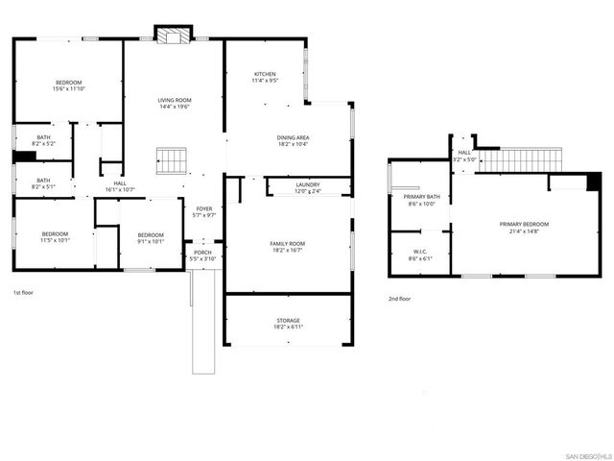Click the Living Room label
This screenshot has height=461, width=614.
tap(176, 100)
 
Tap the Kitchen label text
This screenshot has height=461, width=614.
tap(265, 75)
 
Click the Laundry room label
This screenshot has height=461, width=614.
tap(307, 184)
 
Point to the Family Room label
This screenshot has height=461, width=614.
tap(286, 244)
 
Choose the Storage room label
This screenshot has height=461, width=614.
tap(286, 320)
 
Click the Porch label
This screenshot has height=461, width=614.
tap(203, 254)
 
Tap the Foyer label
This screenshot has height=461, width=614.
tap(203, 208)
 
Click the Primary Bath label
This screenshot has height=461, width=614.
tap(421, 197)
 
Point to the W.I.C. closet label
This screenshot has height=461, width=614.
tap(421, 253)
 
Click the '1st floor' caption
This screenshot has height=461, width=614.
tap(24, 291)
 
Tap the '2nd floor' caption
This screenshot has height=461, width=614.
tap(400, 299)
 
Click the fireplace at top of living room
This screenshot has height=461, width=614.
tap(174, 37)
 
